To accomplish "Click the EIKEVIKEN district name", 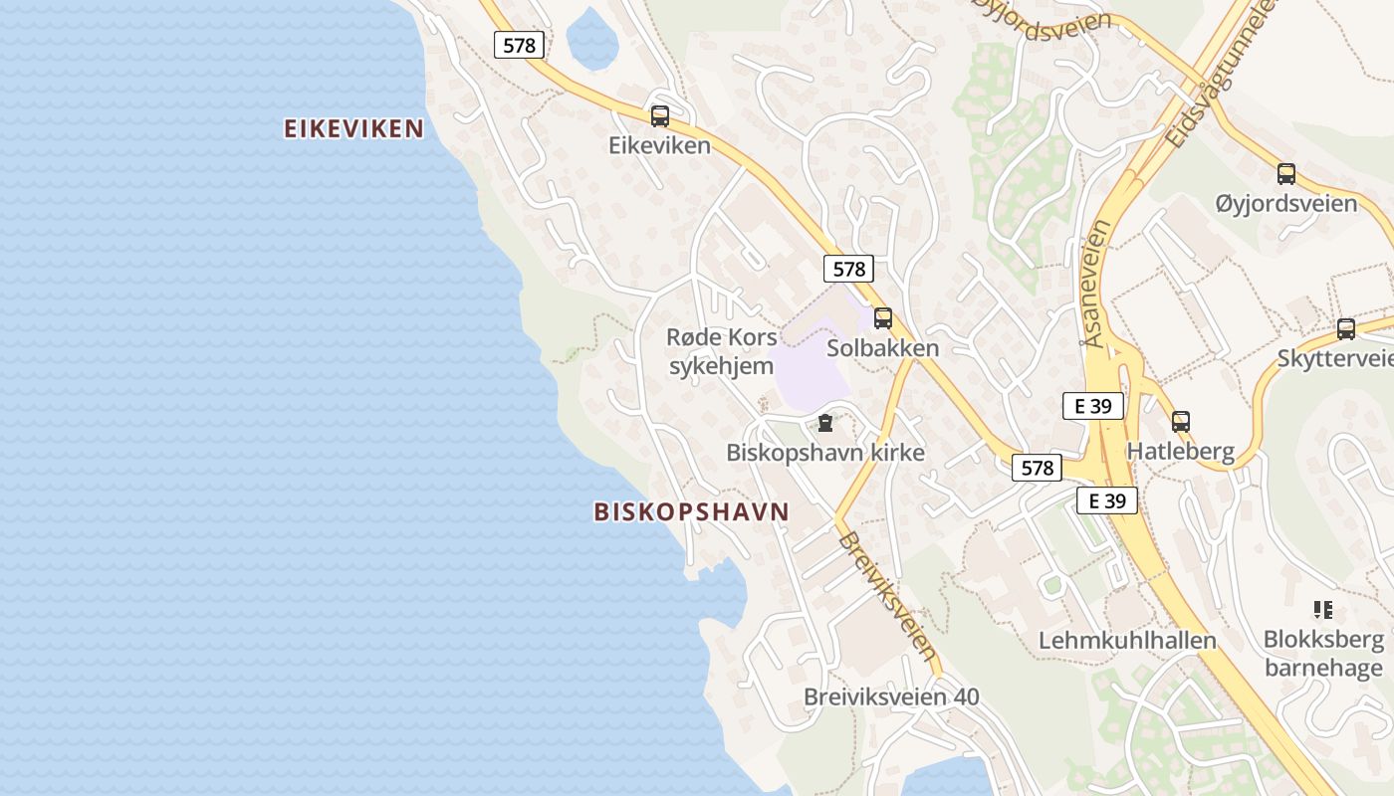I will pos(353,128).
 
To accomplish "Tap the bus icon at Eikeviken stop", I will pos(659,116).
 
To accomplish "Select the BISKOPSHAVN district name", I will pos(691,511).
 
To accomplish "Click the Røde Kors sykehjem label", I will pos(721,351).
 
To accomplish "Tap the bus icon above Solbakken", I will pos(882,318).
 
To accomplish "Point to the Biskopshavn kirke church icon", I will pos(824,424).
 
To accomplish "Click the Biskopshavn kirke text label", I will pos(824,453).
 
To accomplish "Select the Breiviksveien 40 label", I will pos(891,696).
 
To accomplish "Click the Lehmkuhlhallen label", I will pos(1127,640).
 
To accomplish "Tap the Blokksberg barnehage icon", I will pos(1322,609).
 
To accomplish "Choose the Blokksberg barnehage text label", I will pos(1323,653).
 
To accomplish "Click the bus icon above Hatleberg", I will pos(1180,421).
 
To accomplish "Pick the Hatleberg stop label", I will pos(1180,451).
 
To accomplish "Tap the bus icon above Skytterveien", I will pos(1345,328).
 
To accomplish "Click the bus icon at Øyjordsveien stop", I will pos(1285,174).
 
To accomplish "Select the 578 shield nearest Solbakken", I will pos(848,268).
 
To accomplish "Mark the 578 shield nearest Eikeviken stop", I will pos(519,45).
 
